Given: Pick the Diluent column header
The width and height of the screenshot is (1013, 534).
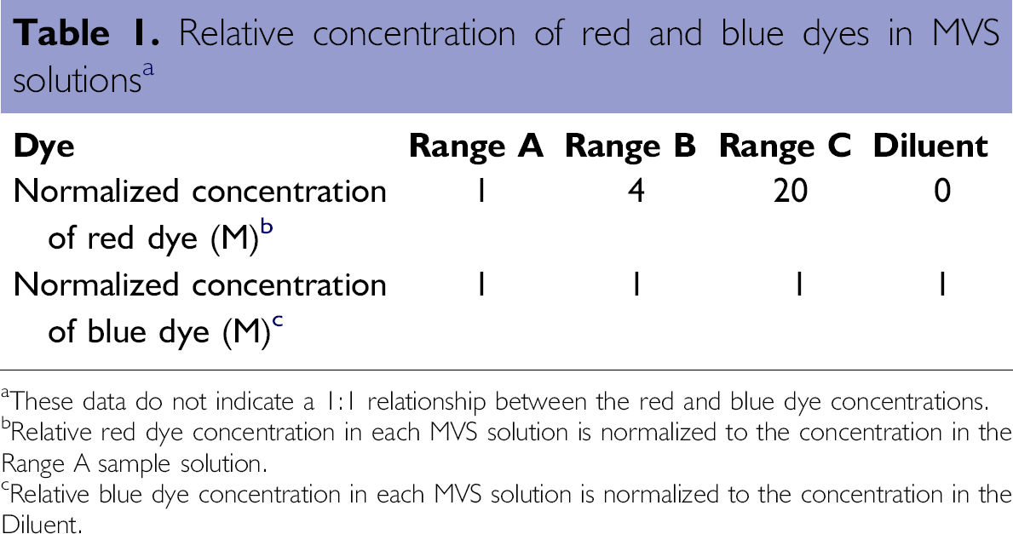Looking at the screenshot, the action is coord(930,146).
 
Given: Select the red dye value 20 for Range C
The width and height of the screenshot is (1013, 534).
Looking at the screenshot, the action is coord(790,192).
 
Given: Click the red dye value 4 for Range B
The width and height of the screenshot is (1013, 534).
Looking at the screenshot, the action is coord(636,192).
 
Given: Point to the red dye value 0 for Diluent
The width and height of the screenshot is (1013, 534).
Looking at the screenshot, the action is coord(942,192).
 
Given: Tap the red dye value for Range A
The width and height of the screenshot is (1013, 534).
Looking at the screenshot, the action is coord(481,192).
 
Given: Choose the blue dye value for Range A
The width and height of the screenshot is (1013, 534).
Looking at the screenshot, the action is coord(481,284).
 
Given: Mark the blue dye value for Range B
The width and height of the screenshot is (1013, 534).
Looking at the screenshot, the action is coord(636,284).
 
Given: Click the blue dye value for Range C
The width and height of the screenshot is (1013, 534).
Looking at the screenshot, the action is coord(798,284).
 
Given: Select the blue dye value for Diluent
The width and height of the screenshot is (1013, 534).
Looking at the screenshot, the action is coord(942,284).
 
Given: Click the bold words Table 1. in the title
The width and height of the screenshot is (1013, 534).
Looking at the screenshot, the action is coord(85,33).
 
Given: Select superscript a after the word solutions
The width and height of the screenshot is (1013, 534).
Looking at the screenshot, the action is coord(148,68).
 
